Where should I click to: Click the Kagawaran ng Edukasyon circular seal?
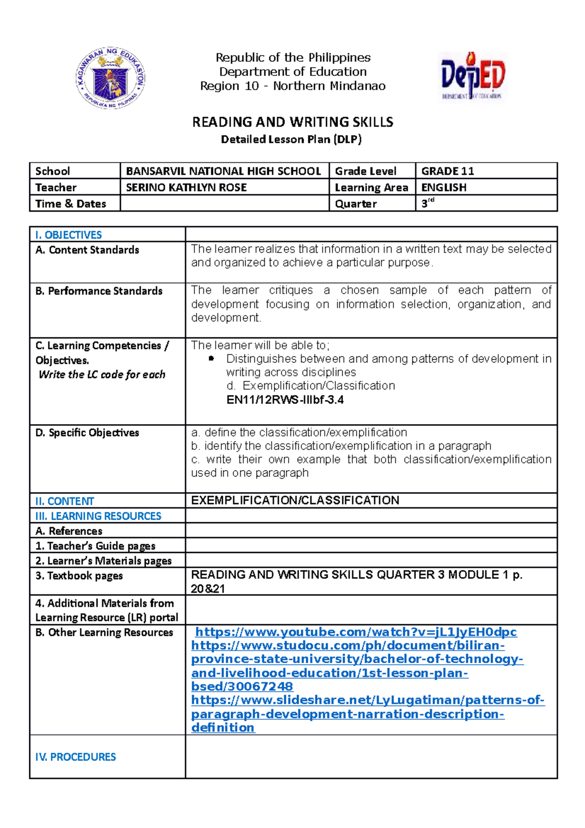point(110,78)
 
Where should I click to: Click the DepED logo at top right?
point(472,77)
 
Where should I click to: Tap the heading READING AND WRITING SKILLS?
point(292,122)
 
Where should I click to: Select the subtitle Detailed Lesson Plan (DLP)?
point(291,139)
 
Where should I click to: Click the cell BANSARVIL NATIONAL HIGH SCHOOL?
point(223,171)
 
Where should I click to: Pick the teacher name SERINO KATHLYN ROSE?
point(186,188)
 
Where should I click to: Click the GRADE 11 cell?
point(448,171)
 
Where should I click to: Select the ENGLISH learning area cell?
point(444,188)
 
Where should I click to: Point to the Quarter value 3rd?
point(428,203)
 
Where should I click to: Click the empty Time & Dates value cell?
point(224,203)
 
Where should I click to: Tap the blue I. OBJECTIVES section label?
point(69,235)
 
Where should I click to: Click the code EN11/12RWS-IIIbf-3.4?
point(285,400)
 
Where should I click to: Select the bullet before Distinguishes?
point(211,359)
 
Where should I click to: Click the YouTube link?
point(356,632)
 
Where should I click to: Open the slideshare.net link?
point(368,700)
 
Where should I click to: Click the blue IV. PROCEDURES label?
point(76,757)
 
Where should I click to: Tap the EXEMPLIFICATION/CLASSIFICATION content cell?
point(295,500)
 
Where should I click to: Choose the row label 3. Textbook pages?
point(79,576)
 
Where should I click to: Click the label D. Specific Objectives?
point(87,433)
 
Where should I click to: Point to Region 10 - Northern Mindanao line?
point(292,86)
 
